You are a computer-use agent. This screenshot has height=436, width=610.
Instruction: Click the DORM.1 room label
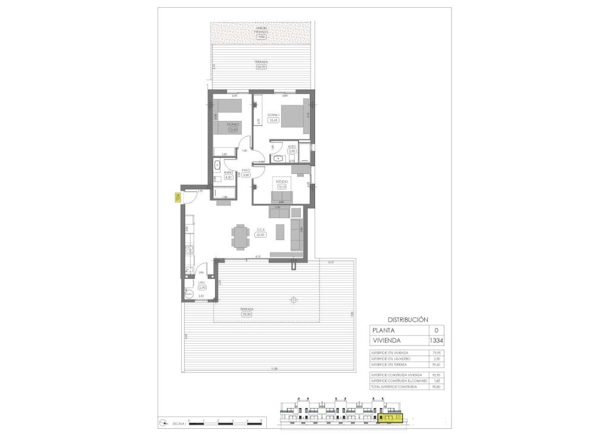273,114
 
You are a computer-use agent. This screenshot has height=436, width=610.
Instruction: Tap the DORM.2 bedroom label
232,124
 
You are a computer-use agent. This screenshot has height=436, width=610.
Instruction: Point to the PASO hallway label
245,170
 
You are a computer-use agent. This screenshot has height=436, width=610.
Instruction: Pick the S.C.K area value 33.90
260,235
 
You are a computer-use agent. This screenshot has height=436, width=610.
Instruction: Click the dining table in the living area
239,237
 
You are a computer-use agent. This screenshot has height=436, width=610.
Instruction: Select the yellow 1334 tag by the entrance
177,197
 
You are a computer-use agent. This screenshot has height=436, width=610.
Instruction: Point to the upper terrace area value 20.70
260,67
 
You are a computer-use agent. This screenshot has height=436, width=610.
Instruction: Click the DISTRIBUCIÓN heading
407,319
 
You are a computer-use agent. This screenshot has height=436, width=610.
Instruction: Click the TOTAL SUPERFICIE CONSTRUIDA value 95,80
436,387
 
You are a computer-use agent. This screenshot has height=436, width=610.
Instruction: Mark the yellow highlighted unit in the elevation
391,418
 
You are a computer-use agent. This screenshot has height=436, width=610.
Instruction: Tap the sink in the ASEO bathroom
278,158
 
